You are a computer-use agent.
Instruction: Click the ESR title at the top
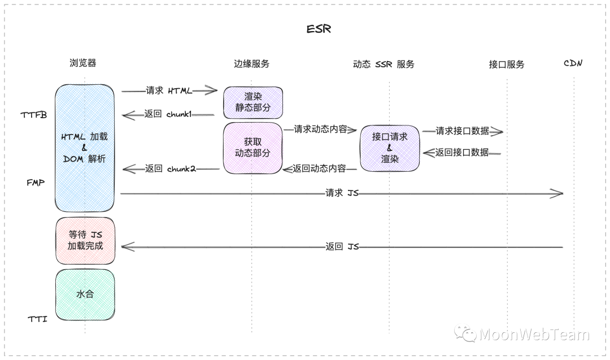319,29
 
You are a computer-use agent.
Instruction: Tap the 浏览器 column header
83,63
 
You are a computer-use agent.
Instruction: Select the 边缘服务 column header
251,64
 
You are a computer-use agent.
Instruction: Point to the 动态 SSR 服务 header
384,64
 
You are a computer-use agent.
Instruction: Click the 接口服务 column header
506,64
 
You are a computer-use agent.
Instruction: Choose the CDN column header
573,63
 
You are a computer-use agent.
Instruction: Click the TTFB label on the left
34,115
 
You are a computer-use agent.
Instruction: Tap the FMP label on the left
36,183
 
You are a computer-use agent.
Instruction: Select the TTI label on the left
37,319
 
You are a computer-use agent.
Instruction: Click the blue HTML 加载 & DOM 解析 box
85,148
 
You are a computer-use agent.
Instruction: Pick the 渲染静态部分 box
252,102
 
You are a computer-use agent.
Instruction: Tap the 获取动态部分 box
252,148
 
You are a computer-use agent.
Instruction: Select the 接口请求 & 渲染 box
390,148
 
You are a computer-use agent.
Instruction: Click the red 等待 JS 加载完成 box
85,240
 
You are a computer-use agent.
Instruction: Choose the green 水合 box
85,294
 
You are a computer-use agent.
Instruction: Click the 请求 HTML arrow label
169,90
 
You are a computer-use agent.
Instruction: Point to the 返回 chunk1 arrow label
168,114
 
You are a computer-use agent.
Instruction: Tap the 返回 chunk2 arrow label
170,168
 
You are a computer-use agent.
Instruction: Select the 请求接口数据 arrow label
462,131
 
